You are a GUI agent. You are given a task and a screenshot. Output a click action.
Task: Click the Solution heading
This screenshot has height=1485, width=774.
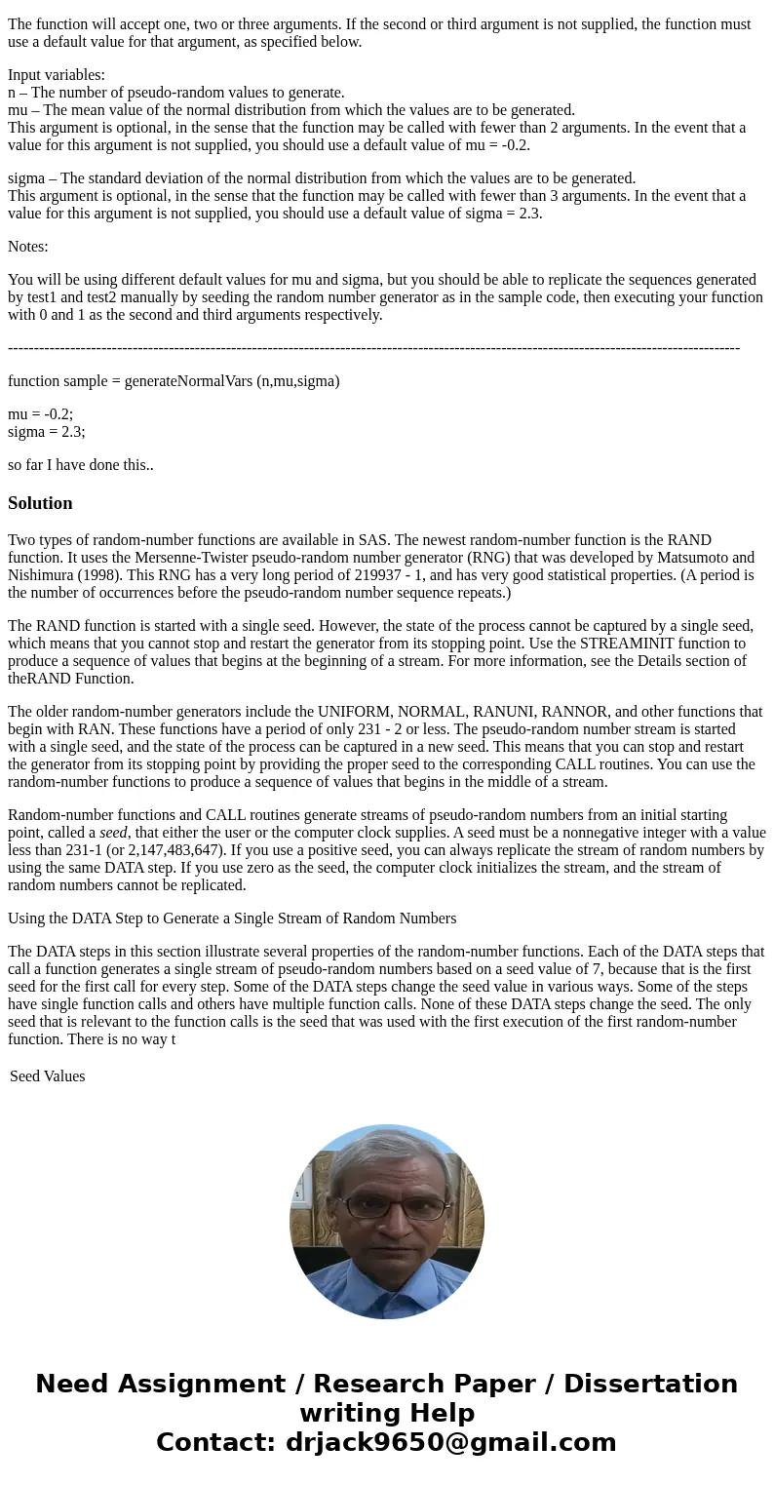(40, 503)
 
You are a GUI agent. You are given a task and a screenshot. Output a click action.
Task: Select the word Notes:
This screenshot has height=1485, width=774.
(28, 247)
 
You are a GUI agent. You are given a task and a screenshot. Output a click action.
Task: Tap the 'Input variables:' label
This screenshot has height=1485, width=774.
(57, 75)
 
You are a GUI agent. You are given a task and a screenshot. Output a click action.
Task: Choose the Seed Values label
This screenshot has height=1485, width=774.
(47, 1076)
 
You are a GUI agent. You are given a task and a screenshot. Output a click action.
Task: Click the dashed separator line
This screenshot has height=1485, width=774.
(373, 348)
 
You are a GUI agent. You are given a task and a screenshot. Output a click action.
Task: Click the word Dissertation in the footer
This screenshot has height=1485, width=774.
(650, 1384)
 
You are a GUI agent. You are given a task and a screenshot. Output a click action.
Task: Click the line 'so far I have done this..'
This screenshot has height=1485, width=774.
(81, 465)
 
